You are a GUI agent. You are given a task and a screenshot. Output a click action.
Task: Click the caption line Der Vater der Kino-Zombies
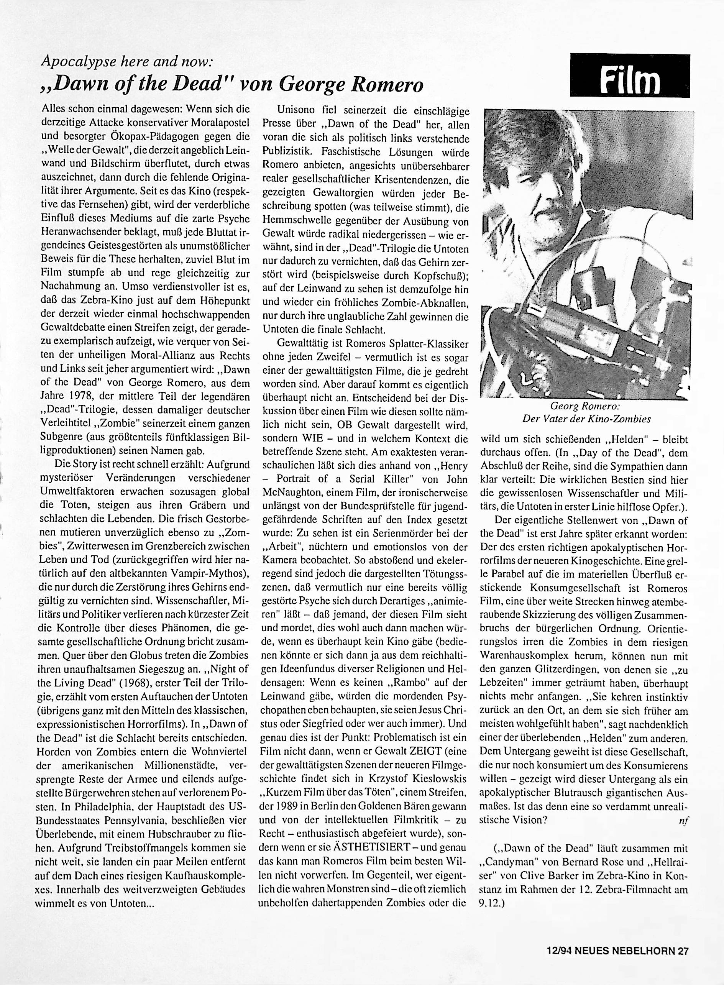point(586,419)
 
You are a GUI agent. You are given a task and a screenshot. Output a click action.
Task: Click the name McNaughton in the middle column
point(290,493)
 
